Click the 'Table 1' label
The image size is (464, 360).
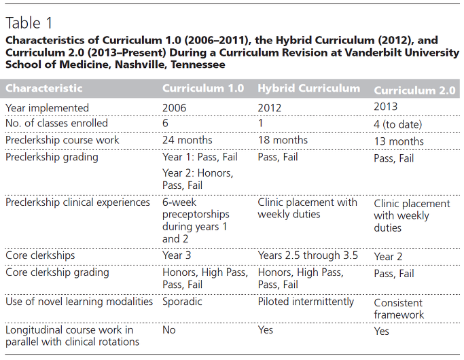click(29, 23)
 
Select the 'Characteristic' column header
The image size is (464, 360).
click(43, 88)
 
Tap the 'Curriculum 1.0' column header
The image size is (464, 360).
click(203, 88)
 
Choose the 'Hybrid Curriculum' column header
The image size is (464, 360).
click(309, 88)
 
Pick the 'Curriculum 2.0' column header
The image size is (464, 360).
click(414, 90)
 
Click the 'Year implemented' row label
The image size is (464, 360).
click(47, 108)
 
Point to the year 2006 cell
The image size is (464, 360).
click(175, 108)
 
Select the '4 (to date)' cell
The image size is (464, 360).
click(397, 124)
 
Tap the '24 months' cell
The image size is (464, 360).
click(188, 140)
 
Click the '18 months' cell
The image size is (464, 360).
click(283, 140)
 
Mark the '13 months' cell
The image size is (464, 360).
click(399, 141)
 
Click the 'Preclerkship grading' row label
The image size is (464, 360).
click(52, 157)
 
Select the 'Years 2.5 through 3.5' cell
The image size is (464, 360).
click(308, 255)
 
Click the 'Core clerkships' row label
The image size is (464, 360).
click(40, 255)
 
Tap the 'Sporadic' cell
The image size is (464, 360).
click(182, 302)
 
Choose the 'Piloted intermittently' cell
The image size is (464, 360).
click(306, 302)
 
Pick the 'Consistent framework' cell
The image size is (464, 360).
click(399, 309)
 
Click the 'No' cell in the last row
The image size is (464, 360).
click(169, 330)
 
